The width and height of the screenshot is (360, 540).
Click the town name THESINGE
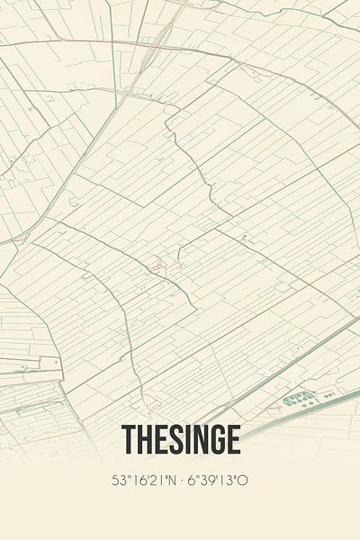pyautogui.click(x=180, y=441)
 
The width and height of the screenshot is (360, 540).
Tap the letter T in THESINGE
pyautogui.click(x=127, y=441)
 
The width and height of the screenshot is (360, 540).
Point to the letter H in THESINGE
pyautogui.click(x=142, y=441)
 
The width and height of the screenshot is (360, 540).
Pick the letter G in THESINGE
pyautogui.click(x=216, y=441)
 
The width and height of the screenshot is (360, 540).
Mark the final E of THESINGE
pyautogui.click(x=233, y=441)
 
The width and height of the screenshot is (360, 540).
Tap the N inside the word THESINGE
pyautogui.click(x=200, y=441)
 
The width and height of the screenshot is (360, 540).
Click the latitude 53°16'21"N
pyautogui.click(x=146, y=481)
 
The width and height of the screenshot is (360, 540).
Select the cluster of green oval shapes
pyautogui.click(x=299, y=398)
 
